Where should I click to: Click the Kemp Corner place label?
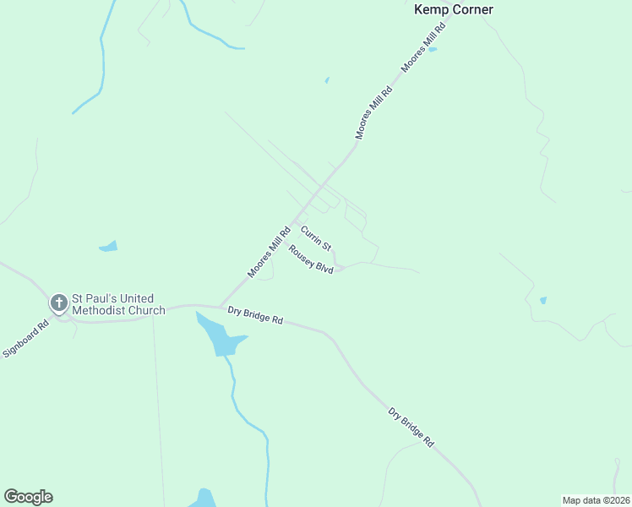pyautogui.click(x=453, y=9)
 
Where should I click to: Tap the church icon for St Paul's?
pyautogui.click(x=58, y=303)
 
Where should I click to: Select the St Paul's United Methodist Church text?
pyautogui.click(x=117, y=304)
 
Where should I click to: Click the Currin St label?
pyautogui.click(x=316, y=237)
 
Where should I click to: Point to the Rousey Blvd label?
pyautogui.click(x=311, y=259)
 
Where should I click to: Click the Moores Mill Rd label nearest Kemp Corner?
pyautogui.click(x=423, y=47)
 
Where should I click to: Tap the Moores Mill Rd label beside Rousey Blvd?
pyautogui.click(x=269, y=251)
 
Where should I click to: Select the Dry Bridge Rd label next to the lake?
pyautogui.click(x=254, y=316)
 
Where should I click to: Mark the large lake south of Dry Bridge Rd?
pyautogui.click(x=218, y=338)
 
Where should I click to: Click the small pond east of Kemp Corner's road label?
pyautogui.click(x=433, y=49)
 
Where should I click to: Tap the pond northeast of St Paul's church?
pyautogui.click(x=108, y=247)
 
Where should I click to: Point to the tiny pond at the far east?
pyautogui.click(x=542, y=300)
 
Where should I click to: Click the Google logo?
pyautogui.click(x=28, y=497)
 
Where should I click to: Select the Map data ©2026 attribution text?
pyautogui.click(x=596, y=499)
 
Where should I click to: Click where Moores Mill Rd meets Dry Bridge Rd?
pyautogui.click(x=220, y=306)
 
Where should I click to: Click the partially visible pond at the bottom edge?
pyautogui.click(x=204, y=499)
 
